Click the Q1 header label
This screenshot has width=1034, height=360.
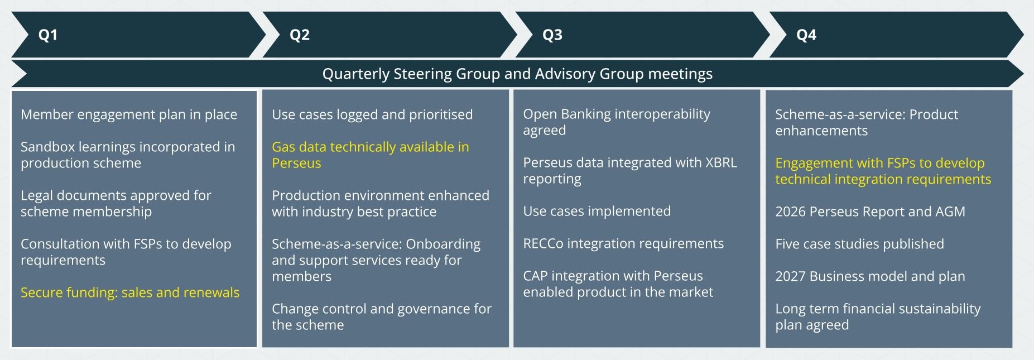[x=48, y=35]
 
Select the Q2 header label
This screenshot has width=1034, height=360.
[x=300, y=35]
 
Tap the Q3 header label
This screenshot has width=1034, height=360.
[x=552, y=35]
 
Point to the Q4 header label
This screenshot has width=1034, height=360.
[x=806, y=35]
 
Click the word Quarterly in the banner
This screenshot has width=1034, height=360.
[x=356, y=74]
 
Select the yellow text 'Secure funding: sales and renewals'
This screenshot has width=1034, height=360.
[x=130, y=292]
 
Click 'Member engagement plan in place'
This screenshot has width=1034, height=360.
[x=129, y=114]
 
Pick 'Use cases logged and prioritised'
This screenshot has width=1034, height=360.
[x=372, y=114]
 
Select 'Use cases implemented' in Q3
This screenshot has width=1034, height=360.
[x=597, y=211]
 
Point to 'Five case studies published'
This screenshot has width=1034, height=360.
[x=860, y=244]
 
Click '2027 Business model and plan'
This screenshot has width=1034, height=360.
[x=870, y=276]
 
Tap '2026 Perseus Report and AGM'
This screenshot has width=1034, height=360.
[x=870, y=212]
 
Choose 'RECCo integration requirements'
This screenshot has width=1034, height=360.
[x=623, y=243]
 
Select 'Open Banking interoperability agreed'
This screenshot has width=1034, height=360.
[x=617, y=122]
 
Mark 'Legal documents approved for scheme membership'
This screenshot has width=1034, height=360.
[x=116, y=203]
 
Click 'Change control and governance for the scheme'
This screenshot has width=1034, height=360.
[x=382, y=316]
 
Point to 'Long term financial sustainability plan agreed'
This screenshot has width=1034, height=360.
[x=878, y=316]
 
